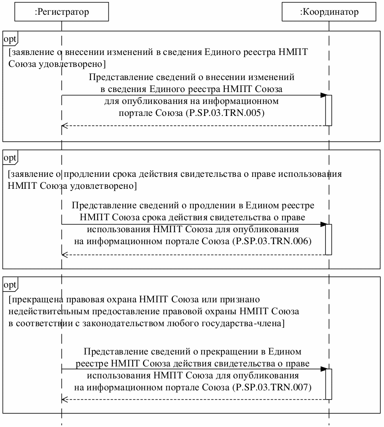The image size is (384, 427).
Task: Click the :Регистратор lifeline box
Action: click(62, 12)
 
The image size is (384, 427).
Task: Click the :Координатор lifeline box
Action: click(329, 12)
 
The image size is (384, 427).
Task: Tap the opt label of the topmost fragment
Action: click(10, 39)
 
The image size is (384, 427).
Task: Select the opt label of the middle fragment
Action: click(10, 158)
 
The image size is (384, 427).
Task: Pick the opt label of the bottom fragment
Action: click(10, 285)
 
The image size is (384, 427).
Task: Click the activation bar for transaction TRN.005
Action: click(329, 110)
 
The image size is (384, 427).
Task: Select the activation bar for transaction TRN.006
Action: click(329, 239)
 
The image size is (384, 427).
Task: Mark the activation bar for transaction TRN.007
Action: click(329, 384)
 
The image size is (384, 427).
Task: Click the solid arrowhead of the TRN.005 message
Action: click(323, 95)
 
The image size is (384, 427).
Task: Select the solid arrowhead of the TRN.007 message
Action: click(323, 369)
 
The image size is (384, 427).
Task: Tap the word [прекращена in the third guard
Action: click(31, 299)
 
